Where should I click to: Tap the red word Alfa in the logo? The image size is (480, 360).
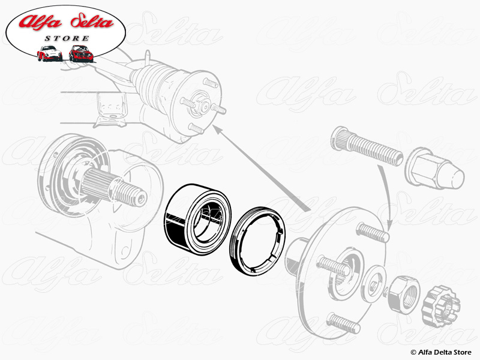click(x=43, y=23)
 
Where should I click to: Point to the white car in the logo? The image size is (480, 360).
click(x=49, y=53)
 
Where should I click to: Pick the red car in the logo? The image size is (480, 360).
click(x=80, y=53)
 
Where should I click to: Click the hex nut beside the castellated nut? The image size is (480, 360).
click(x=401, y=293)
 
